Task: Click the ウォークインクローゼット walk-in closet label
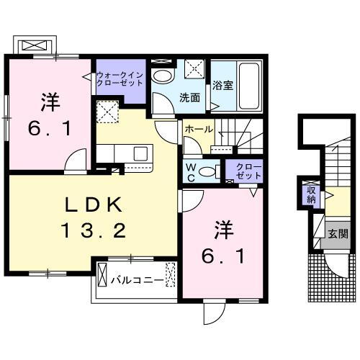(x=120, y=78)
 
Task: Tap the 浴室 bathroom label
(x=222, y=86)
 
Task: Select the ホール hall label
(x=198, y=128)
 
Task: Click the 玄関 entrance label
(x=338, y=233)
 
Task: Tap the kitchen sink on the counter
(x=140, y=153)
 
